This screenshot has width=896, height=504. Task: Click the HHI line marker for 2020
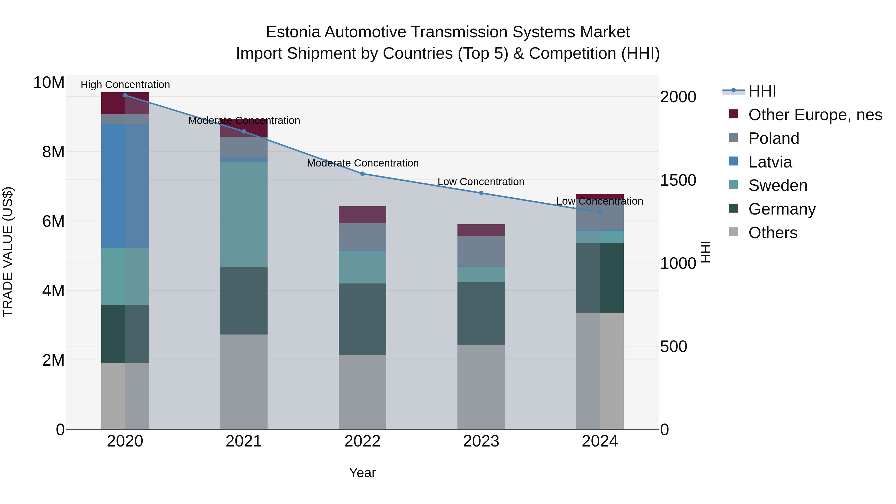point(125,95)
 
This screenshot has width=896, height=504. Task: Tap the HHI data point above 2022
point(362,173)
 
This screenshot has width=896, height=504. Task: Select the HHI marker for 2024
point(600,212)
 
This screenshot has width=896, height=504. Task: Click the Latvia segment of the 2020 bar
point(125,186)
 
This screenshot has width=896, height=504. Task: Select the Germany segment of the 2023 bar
point(481,314)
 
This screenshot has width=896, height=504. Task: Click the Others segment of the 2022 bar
point(362,392)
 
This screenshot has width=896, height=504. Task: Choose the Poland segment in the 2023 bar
point(481,251)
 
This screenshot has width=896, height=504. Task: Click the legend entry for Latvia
point(770,162)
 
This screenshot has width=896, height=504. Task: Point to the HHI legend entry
point(762,91)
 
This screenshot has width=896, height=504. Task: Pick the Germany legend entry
point(782,209)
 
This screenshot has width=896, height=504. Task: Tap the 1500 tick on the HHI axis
point(678,180)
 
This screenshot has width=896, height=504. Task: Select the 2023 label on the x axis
point(481,441)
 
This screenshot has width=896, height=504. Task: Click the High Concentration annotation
point(125,85)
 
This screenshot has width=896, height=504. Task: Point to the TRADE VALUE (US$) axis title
point(8,252)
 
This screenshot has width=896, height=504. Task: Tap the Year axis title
point(362,473)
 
